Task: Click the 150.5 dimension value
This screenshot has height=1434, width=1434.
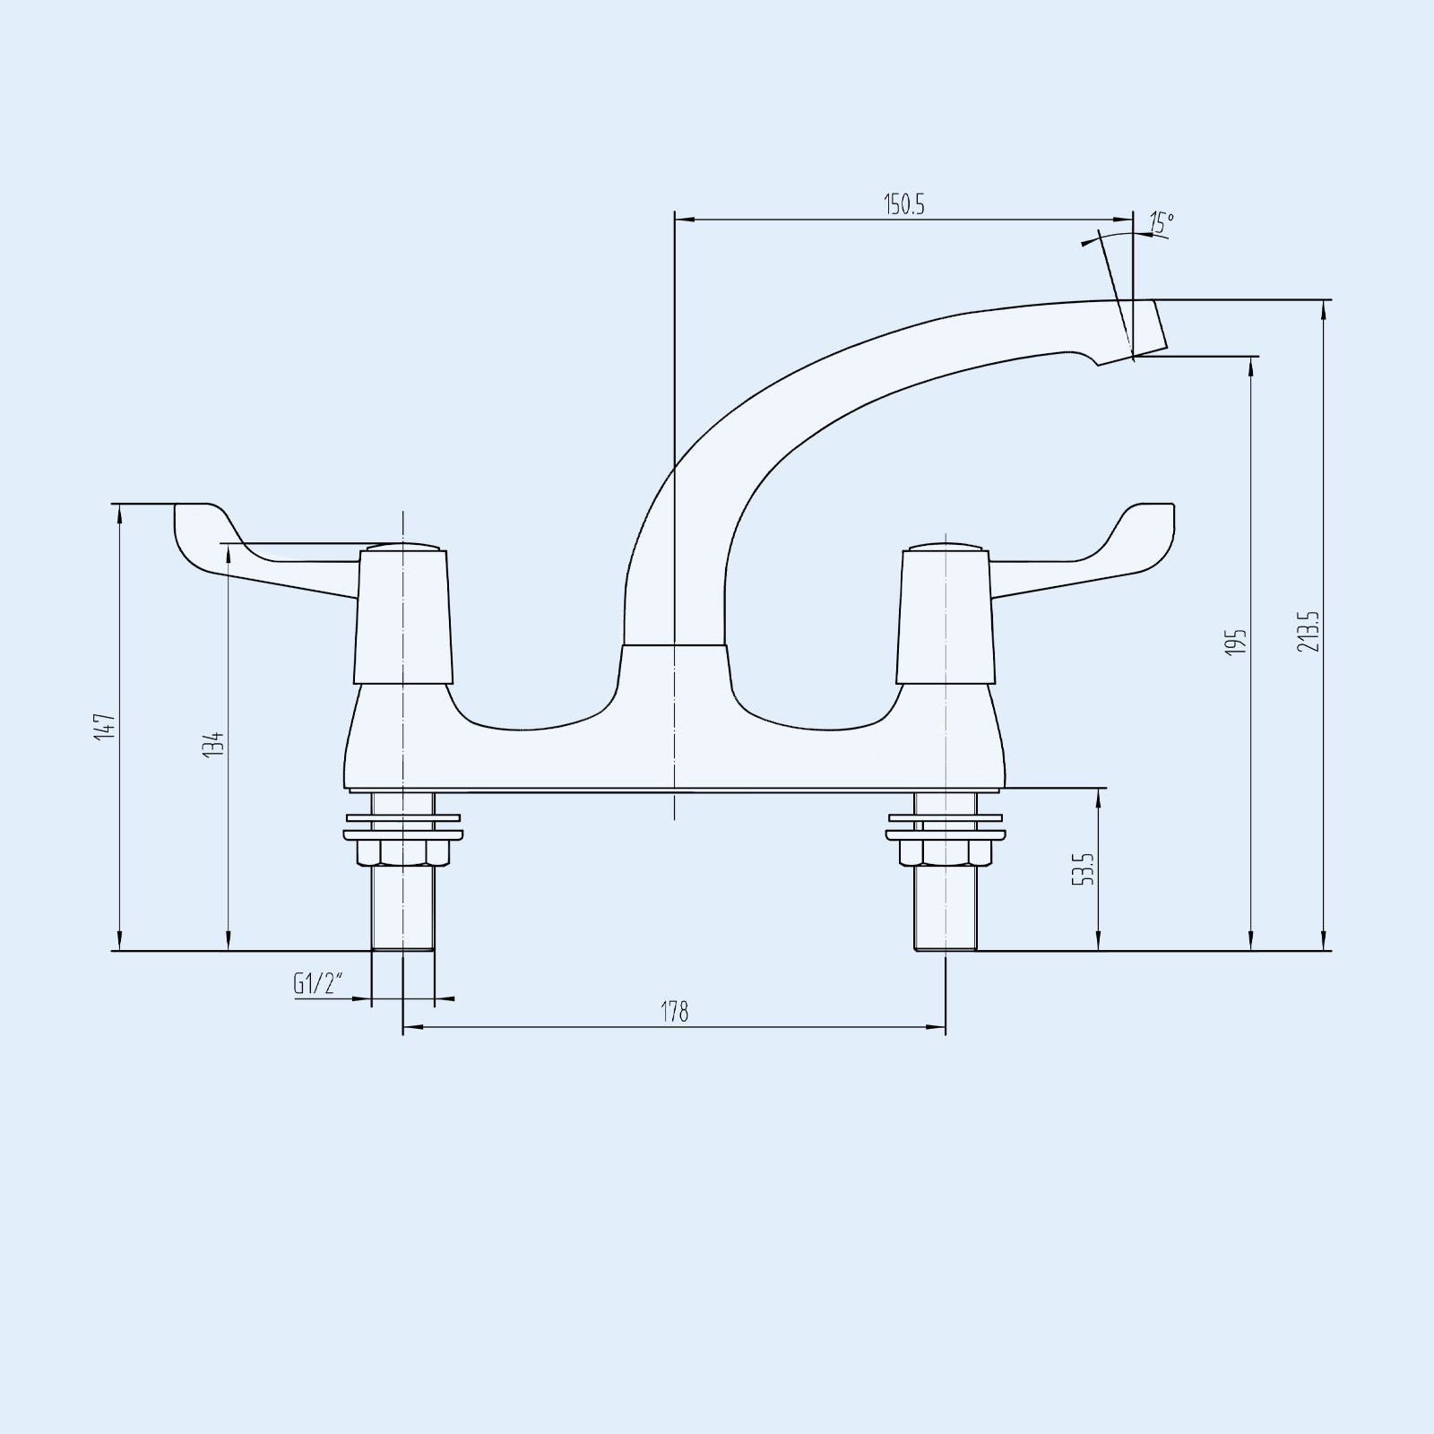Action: click(904, 204)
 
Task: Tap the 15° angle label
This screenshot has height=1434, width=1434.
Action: click(1162, 223)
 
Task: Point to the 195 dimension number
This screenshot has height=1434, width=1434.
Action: click(1237, 642)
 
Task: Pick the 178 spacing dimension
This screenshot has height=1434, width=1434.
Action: click(675, 1012)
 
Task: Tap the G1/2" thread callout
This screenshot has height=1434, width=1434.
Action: click(318, 984)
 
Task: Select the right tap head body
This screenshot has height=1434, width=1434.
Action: click(946, 618)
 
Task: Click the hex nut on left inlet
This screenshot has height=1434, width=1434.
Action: click(403, 851)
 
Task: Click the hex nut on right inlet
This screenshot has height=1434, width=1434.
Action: click(946, 851)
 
